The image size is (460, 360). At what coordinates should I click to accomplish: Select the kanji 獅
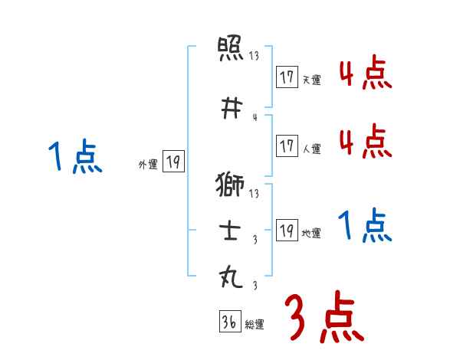tap(231, 185)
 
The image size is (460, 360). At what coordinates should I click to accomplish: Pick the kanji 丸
tap(231, 276)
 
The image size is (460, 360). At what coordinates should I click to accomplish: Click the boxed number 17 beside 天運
tap(287, 77)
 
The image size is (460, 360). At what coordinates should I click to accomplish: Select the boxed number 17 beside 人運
tap(287, 146)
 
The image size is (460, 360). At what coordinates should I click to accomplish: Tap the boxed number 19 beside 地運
tap(287, 231)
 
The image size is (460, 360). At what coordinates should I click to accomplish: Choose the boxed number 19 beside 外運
tap(173, 162)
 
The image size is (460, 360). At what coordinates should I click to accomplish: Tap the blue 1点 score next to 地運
tap(365, 226)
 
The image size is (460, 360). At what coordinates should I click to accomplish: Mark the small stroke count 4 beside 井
tap(254, 117)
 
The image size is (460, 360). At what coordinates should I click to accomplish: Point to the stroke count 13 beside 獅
tap(254, 194)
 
